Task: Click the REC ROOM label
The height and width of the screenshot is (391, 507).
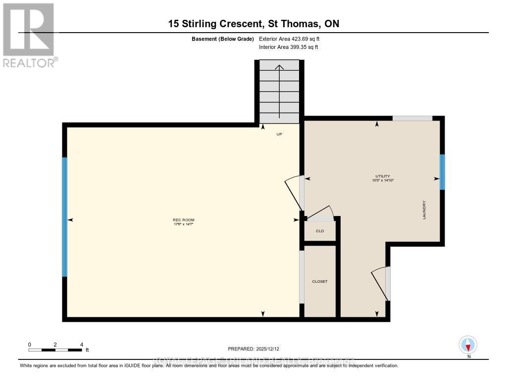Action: [x=179, y=220]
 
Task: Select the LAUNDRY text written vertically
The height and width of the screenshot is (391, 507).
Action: [x=424, y=210]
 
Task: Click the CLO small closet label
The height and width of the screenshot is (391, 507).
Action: [x=320, y=231]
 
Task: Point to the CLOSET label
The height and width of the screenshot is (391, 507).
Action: [x=319, y=281]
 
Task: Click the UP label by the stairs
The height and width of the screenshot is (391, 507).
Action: [x=279, y=134]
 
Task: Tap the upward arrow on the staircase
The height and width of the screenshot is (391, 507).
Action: [x=279, y=91]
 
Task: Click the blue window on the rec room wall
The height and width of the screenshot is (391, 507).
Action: [x=64, y=217]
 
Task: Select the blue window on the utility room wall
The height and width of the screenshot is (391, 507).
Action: [x=442, y=172]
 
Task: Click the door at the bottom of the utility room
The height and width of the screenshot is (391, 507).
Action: [x=381, y=283]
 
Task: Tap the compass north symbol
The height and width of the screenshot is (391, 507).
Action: [x=468, y=345]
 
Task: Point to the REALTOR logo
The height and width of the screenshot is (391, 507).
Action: [x=30, y=35]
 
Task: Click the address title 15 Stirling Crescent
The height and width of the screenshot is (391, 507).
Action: [x=253, y=24]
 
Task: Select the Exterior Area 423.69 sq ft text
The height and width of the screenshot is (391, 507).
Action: [x=293, y=39]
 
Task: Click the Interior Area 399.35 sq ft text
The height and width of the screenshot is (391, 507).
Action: [x=288, y=47]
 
